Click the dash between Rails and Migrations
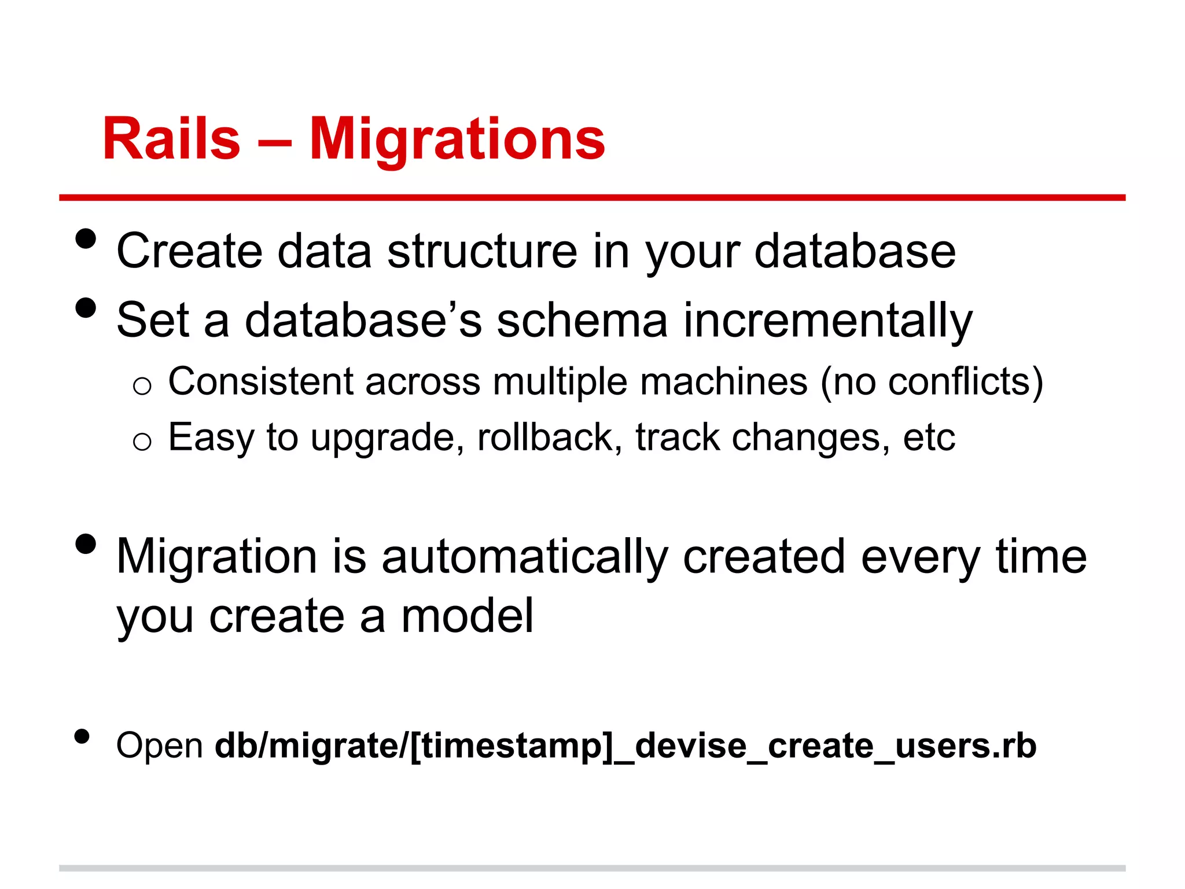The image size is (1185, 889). pyautogui.click(x=274, y=141)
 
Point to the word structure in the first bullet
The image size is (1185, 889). pyautogui.click(x=481, y=251)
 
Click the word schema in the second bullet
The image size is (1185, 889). pyautogui.click(x=582, y=321)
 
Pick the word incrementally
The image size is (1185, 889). pyautogui.click(x=827, y=321)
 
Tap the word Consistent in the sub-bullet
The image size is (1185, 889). pyautogui.click(x=260, y=382)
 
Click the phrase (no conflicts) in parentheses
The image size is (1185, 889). pyautogui.click(x=932, y=382)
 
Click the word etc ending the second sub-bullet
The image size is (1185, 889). pyautogui.click(x=929, y=438)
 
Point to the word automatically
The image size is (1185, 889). pyautogui.click(x=524, y=557)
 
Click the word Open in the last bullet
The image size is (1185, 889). pyautogui.click(x=159, y=745)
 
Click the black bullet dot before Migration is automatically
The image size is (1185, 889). pyautogui.click(x=86, y=544)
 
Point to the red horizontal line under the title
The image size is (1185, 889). pyautogui.click(x=592, y=198)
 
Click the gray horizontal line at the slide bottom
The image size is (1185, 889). pyautogui.click(x=592, y=868)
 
